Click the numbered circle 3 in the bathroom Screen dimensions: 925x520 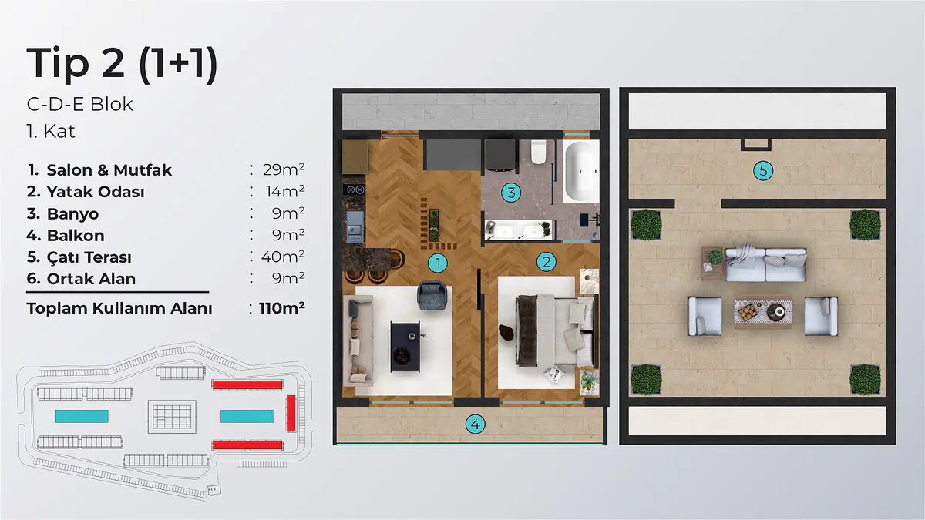tap(511, 193)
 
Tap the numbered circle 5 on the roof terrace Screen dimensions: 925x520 tap(763, 170)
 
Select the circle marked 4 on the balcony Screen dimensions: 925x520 tap(476, 424)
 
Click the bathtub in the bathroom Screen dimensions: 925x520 tap(580, 172)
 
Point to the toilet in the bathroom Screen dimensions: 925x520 tap(539, 152)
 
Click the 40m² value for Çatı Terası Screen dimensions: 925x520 tap(283, 257)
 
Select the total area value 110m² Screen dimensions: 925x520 tap(282, 308)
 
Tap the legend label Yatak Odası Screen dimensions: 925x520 tap(96, 192)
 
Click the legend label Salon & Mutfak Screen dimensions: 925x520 tap(109, 170)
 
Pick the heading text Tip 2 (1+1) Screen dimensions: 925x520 tap(123, 63)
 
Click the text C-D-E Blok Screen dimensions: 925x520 tap(79, 105)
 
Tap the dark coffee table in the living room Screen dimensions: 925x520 tap(405, 347)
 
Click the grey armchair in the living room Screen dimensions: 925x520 tap(432, 295)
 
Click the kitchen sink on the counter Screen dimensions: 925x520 tap(355, 226)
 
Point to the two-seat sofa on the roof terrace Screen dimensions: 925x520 tap(765, 264)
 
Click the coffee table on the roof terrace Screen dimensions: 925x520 tap(763, 312)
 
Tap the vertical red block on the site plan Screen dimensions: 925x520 tap(291, 413)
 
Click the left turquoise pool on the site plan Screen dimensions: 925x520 tap(82, 416)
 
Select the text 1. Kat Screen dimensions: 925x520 tap(51, 131)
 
